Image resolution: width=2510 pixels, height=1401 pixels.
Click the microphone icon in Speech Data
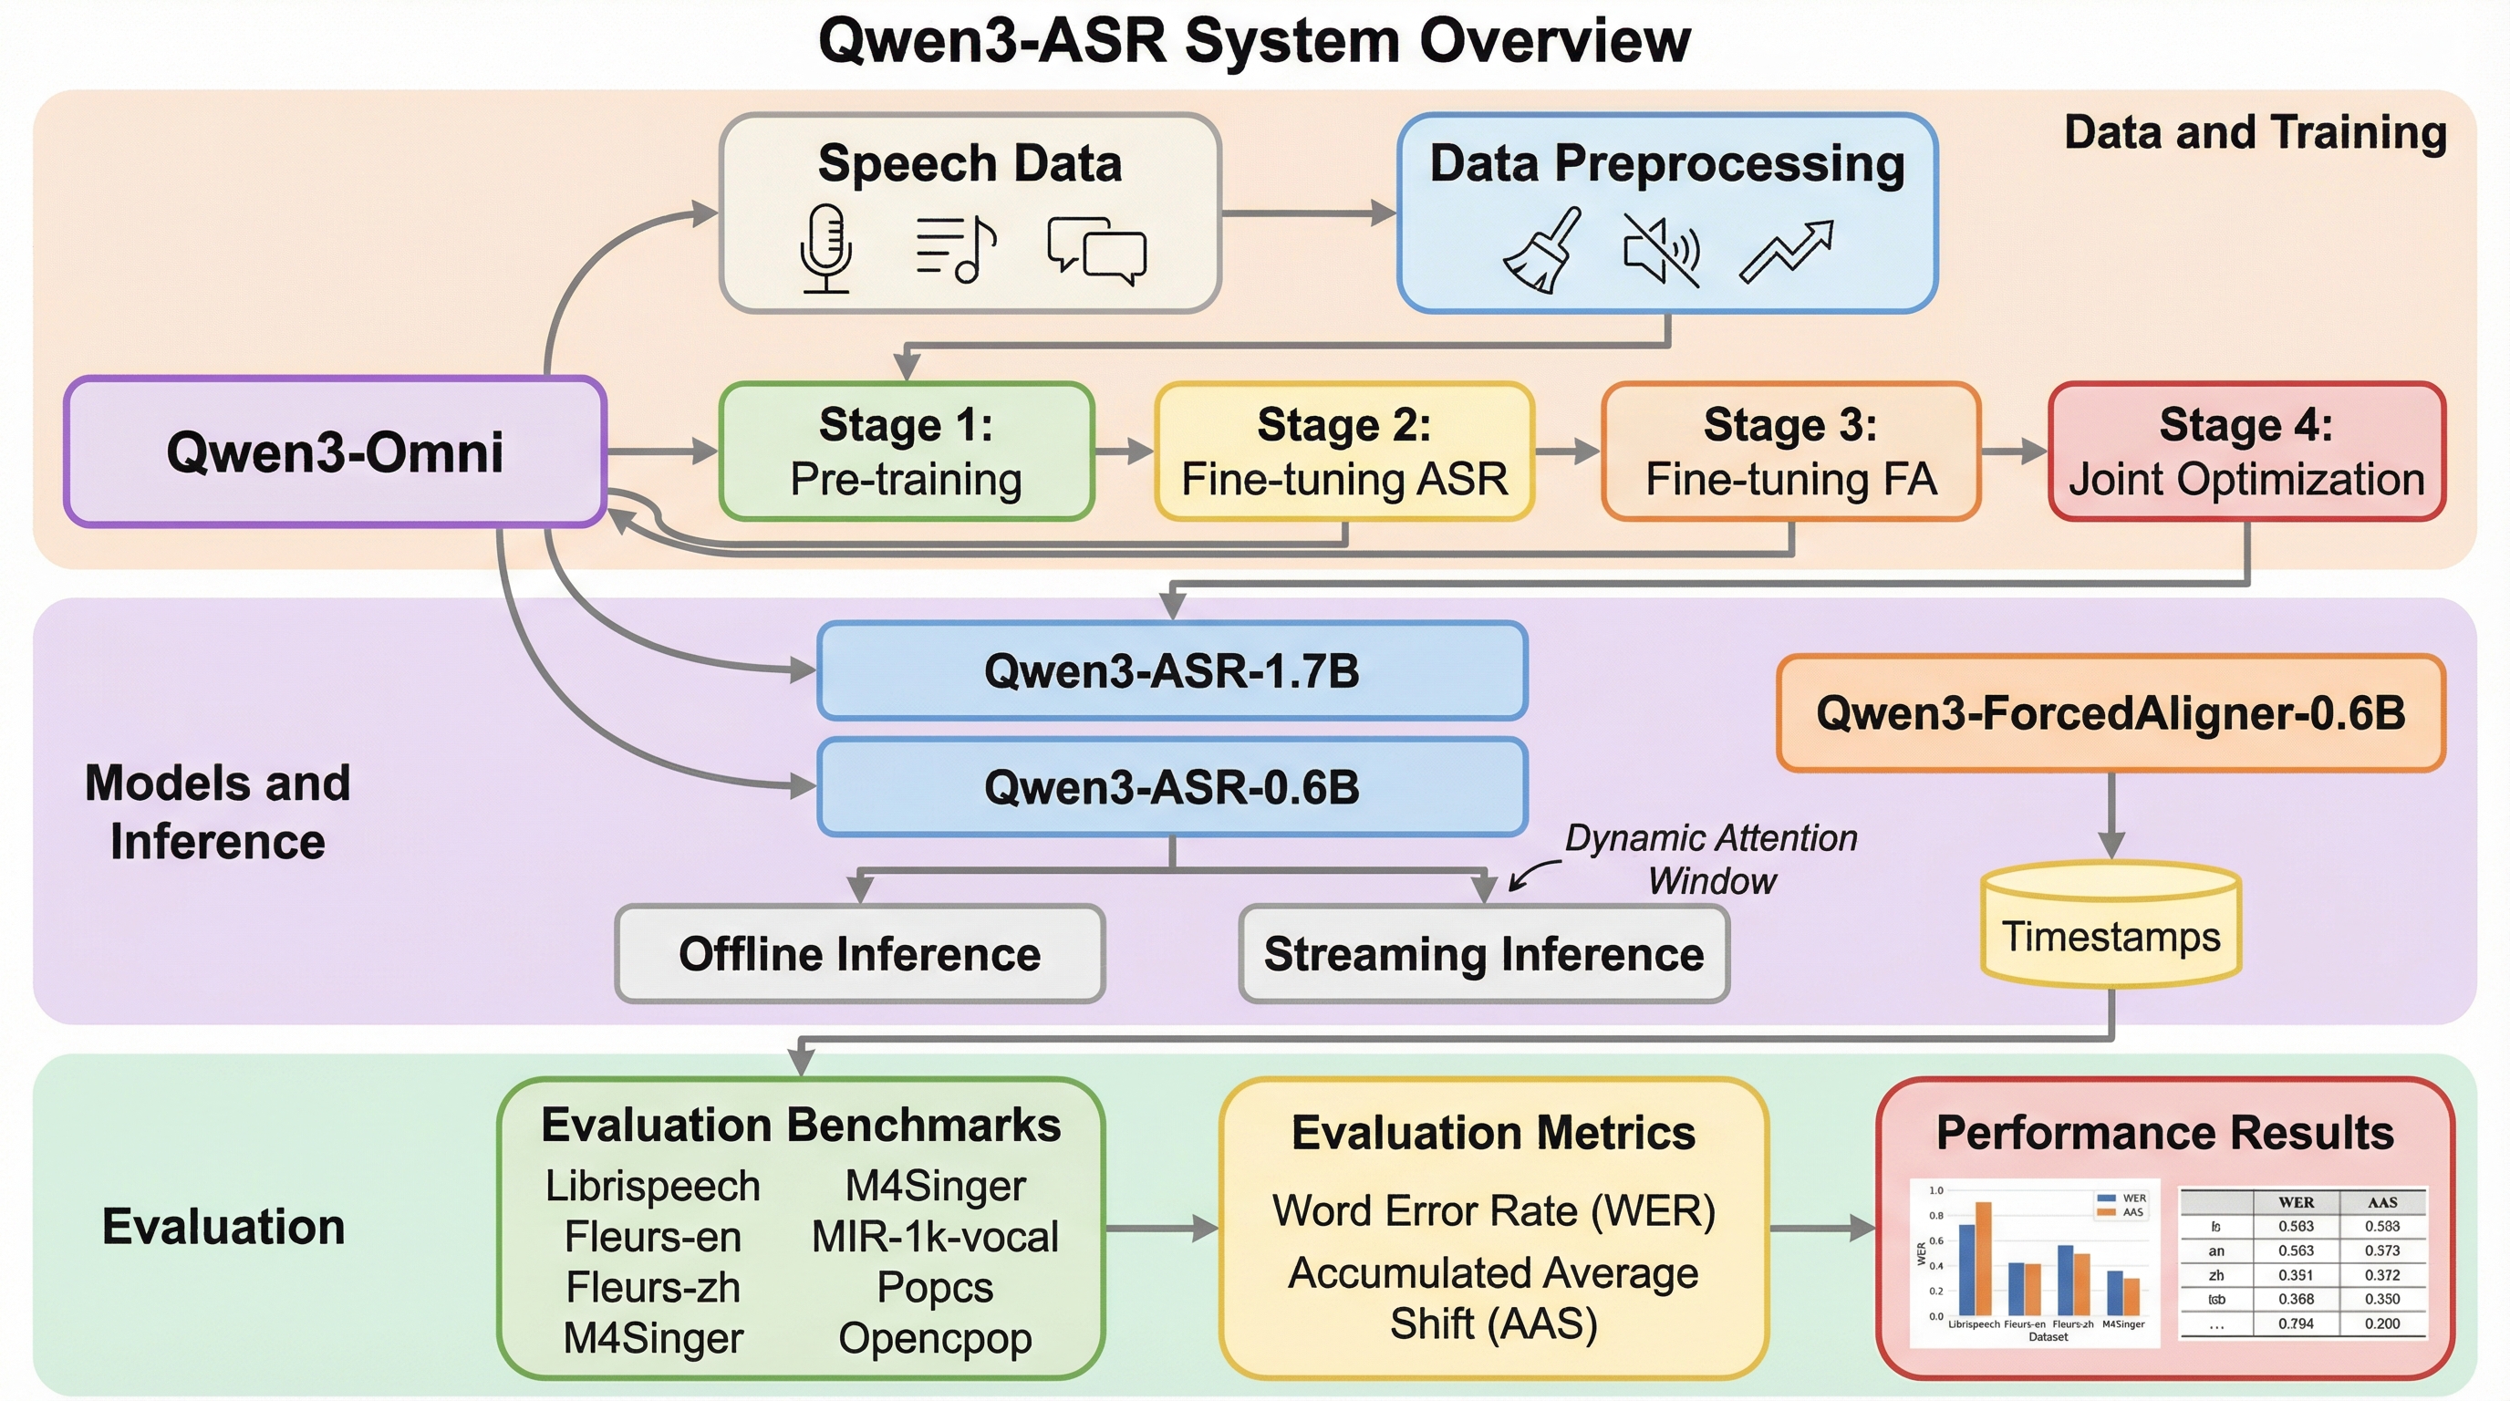(x=826, y=247)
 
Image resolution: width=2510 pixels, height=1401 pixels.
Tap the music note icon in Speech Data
(x=956, y=249)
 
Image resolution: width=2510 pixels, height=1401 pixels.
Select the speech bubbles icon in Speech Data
(x=1097, y=249)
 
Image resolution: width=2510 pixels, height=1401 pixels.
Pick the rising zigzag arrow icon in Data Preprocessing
(x=1786, y=252)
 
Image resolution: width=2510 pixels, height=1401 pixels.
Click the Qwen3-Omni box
(x=336, y=452)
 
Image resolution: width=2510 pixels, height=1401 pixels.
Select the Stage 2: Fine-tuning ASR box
(x=1343, y=452)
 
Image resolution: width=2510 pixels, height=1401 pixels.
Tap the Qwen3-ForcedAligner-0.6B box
(x=2111, y=713)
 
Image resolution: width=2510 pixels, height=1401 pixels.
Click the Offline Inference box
(x=859, y=954)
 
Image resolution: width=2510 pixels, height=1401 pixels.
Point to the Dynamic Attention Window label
(x=1711, y=858)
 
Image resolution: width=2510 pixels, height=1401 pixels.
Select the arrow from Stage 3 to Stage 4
(x=2014, y=451)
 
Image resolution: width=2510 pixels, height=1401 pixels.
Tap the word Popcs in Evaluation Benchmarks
(x=935, y=1287)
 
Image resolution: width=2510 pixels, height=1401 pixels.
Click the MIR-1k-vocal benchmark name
(x=935, y=1236)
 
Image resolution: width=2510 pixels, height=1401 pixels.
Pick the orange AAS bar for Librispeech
(x=1983, y=1259)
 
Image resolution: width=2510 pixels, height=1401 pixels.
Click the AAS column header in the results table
(x=2382, y=1202)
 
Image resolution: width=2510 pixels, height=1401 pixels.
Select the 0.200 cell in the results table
(x=2382, y=1324)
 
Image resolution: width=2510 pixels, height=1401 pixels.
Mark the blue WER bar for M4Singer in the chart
(x=2114, y=1292)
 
